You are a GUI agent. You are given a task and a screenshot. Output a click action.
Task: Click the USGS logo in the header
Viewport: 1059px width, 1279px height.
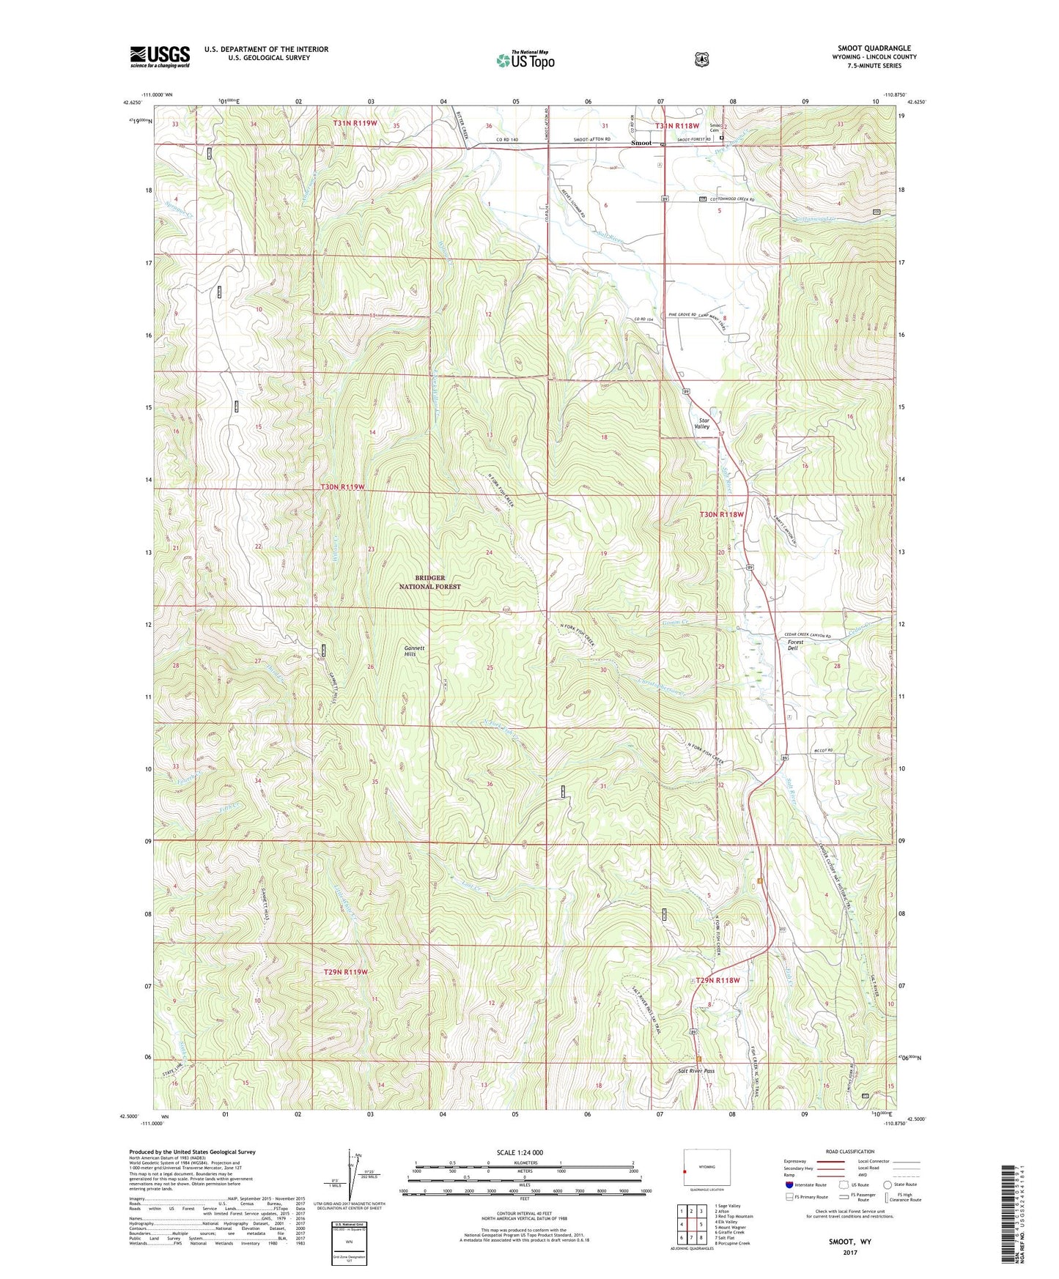[160, 56]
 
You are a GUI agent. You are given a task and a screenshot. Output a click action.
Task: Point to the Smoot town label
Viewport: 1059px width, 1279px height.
[641, 143]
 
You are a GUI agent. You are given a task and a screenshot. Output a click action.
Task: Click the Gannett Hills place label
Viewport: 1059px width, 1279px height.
[410, 650]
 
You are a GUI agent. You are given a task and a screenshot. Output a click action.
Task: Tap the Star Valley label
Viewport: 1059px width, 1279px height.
[702, 423]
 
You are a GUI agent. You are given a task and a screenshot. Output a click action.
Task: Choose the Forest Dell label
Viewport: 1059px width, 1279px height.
[795, 645]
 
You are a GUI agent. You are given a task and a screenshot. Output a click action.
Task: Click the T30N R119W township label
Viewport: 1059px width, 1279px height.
[342, 487]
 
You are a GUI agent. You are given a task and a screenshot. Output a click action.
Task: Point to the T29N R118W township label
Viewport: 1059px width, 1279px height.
[717, 979]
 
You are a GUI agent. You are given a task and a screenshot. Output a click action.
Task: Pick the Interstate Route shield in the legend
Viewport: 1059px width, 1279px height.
[789, 1185]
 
